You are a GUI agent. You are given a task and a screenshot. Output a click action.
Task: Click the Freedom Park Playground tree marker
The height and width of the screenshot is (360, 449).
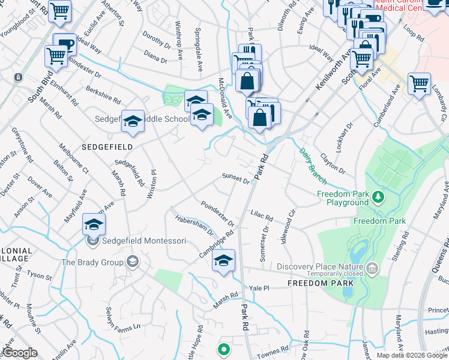(x=378, y=196)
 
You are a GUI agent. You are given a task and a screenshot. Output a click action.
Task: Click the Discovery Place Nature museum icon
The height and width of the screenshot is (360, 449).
(x=372, y=267)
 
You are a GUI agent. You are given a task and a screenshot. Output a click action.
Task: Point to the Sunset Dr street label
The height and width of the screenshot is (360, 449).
(x=235, y=178)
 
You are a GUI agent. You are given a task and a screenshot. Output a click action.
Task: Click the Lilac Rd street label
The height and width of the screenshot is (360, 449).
(x=262, y=215)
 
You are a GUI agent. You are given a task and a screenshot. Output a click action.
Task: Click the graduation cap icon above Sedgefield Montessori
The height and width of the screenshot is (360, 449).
(x=94, y=224)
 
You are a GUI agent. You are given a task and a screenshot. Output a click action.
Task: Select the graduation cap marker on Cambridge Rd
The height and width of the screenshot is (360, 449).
(x=223, y=260)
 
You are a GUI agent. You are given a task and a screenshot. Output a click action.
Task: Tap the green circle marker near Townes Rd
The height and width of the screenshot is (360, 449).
(x=223, y=349)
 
